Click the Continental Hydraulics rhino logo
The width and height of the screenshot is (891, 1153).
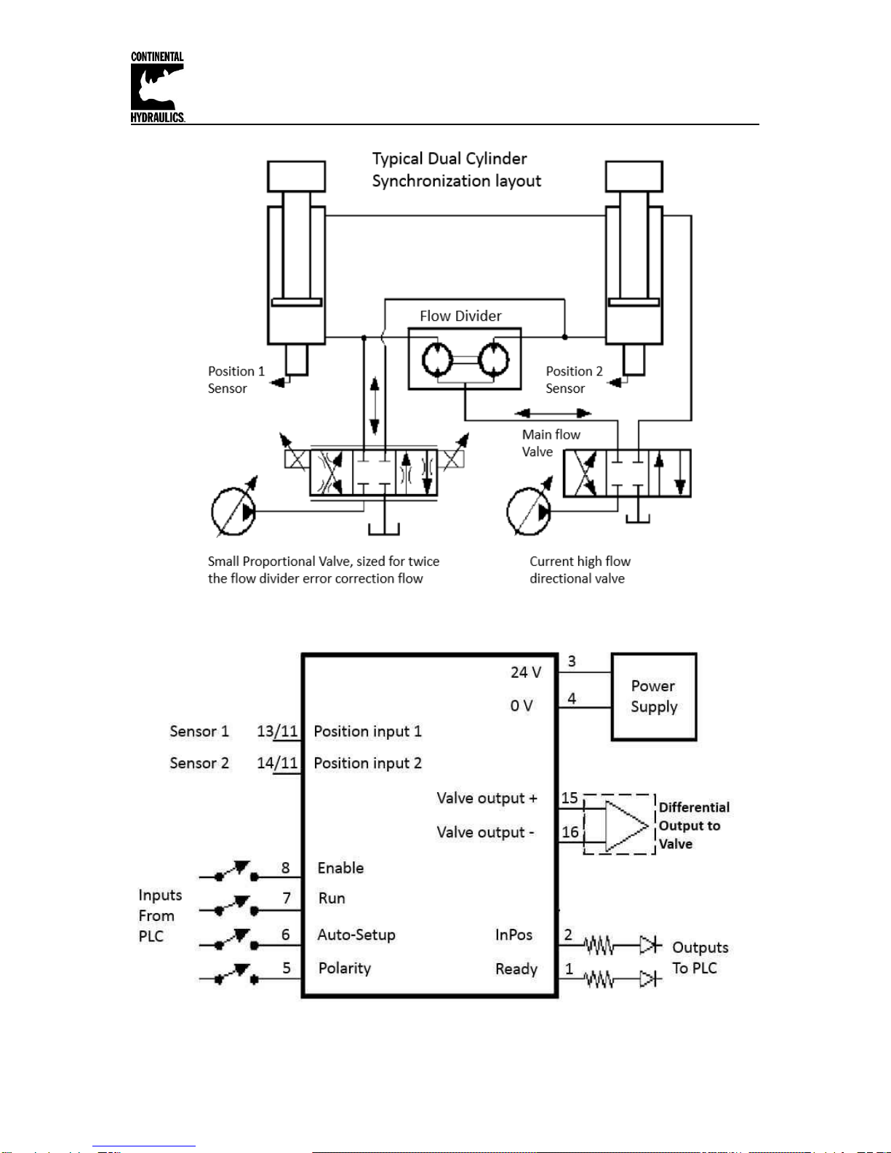tap(158, 87)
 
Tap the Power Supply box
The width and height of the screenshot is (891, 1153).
tap(653, 696)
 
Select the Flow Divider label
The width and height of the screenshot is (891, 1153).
tap(460, 316)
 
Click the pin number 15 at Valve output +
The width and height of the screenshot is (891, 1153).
tap(570, 797)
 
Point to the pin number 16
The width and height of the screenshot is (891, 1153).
tap(570, 831)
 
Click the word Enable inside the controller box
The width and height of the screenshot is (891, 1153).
tap(340, 868)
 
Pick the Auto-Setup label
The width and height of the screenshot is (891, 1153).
tap(356, 934)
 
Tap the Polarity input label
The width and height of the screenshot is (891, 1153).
tap(344, 968)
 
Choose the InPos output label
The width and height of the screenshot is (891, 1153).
tap(514, 934)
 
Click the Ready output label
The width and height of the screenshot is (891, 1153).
tap(516, 969)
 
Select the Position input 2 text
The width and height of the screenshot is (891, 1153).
tap(367, 763)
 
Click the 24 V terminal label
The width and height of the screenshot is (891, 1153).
tap(526, 672)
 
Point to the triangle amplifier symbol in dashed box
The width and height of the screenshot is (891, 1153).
tap(626, 826)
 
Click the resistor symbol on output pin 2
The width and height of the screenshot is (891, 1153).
tap(599, 946)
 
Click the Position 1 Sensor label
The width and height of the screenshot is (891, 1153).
tap(236, 380)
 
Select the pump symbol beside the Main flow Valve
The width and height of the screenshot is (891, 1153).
tap(529, 511)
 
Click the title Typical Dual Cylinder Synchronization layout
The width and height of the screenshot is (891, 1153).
tap(456, 169)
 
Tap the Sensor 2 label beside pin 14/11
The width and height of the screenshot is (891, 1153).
tap(199, 763)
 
